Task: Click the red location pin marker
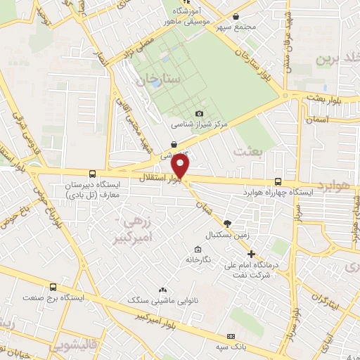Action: click(181, 167)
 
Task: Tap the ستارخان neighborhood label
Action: click(164, 78)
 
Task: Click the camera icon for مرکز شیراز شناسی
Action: click(199, 113)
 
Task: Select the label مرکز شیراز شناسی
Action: click(200, 124)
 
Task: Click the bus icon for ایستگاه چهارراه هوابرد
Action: click(278, 181)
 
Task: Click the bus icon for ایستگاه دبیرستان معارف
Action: click(91, 174)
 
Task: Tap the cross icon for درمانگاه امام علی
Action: click(252, 253)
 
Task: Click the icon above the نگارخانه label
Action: click(198, 249)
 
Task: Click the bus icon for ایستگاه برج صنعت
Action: click(53, 287)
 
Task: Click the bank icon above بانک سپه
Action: click(232, 336)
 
